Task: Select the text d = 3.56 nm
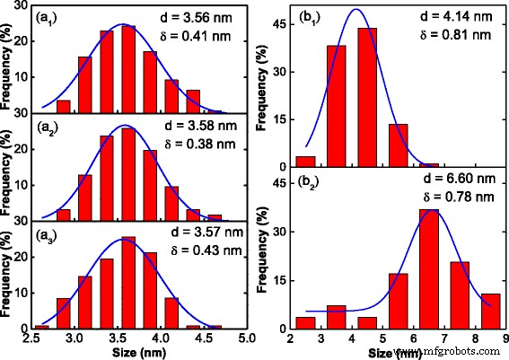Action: pos(204,15)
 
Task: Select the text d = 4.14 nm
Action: pos(454,15)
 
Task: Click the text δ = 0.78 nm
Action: pos(454,199)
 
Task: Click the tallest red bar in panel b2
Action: pos(429,269)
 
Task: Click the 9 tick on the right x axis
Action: pos(505,339)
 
